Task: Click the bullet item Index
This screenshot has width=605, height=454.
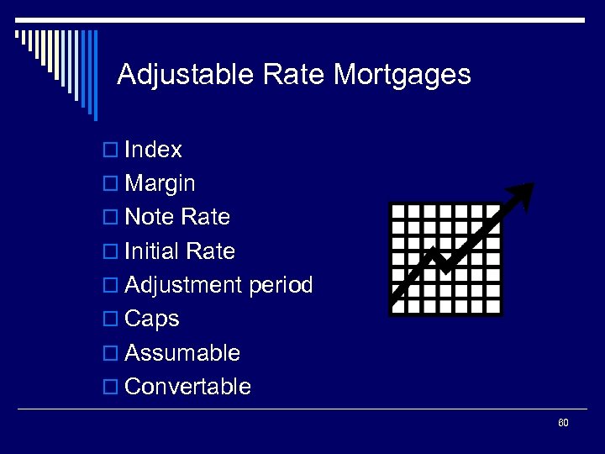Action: click(x=153, y=150)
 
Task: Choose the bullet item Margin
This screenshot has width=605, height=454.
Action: click(x=160, y=184)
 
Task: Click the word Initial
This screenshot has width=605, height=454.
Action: click(x=153, y=251)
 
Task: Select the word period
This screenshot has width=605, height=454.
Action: click(x=281, y=286)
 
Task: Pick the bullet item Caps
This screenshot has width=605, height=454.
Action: click(x=151, y=319)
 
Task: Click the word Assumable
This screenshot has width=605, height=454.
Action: click(x=181, y=353)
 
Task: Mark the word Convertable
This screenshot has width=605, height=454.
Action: click(x=187, y=387)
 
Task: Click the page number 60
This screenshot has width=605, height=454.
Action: click(x=563, y=423)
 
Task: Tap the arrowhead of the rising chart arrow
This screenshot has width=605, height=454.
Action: click(x=523, y=193)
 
